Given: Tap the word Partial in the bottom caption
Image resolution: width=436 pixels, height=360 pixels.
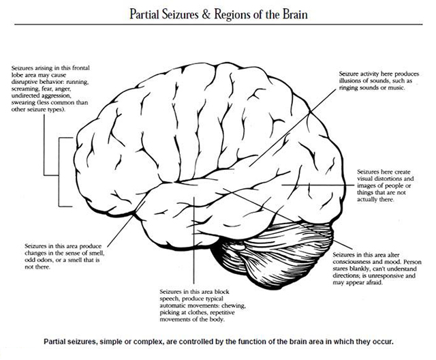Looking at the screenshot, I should click(59, 340).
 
